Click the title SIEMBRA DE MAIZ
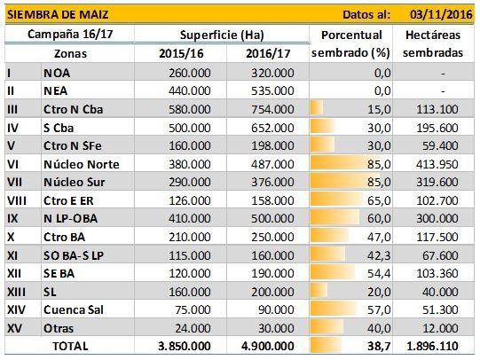pos(58,14)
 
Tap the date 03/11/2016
pos(441,14)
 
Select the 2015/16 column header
pos(181,53)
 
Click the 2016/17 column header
pos(268,53)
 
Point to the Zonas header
pos(70,53)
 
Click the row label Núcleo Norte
pos(82,164)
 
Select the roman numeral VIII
pos(17,200)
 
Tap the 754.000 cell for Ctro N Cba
pos(272,109)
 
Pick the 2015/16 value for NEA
pos(190,90)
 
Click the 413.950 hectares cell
pos(437,164)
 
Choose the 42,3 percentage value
pos(379,255)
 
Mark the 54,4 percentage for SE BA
pos(379,273)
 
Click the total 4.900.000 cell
pos(268,346)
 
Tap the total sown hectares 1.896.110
pos(432,346)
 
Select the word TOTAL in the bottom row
pos(70,346)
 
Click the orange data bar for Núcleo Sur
pos(345,182)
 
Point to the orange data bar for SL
pos(319,291)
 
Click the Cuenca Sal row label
pos(74,309)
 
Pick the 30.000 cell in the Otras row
pos(276,328)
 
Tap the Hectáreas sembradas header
pos(433,43)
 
